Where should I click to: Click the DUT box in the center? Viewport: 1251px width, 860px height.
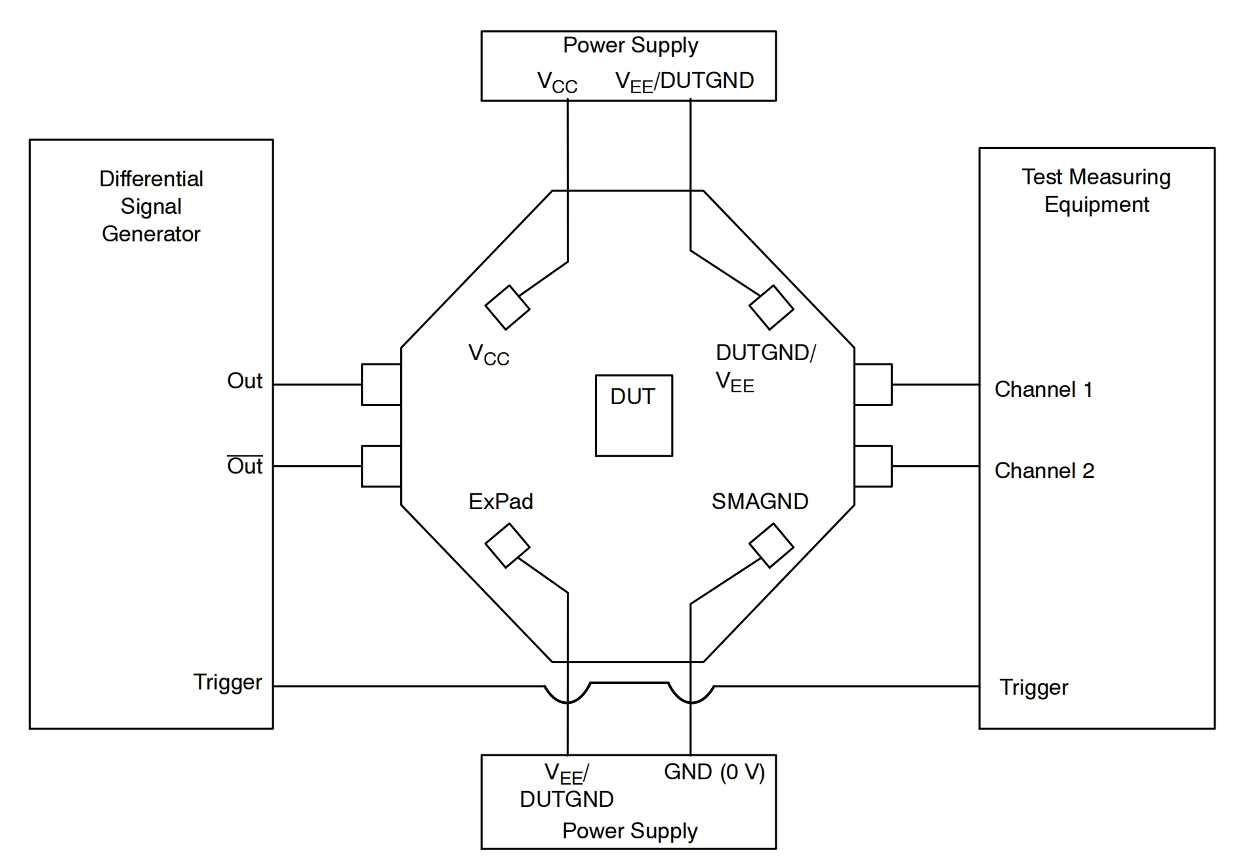[x=633, y=415]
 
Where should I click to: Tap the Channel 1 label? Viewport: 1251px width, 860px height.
[x=1043, y=390]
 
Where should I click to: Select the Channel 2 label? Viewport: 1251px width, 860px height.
[x=1044, y=471]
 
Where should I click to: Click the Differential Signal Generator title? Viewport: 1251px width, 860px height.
[x=151, y=206]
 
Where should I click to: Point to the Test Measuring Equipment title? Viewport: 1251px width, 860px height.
[x=1096, y=190]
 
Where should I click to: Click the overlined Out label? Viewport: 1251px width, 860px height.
[x=245, y=466]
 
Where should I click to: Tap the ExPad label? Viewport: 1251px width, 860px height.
[x=501, y=502]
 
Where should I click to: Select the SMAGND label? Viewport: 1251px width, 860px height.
[x=760, y=502]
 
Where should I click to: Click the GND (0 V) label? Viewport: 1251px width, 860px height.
[x=714, y=772]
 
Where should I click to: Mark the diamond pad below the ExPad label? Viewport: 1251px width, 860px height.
[x=507, y=545]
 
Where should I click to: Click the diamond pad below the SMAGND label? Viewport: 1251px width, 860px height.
[x=771, y=545]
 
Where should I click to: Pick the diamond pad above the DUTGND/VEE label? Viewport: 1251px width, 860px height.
[x=771, y=307]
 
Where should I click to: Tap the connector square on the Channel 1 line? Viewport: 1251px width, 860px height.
[x=873, y=384]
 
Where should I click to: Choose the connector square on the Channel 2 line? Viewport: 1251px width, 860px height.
[x=873, y=466]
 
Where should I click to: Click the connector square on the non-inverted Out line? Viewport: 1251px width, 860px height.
[x=381, y=384]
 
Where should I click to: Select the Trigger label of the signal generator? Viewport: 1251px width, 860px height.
[x=227, y=682]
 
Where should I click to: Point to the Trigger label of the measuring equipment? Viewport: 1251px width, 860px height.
[x=1033, y=687]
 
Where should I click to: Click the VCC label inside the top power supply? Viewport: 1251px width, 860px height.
[x=557, y=83]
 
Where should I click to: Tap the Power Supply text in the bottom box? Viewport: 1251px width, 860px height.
[x=630, y=831]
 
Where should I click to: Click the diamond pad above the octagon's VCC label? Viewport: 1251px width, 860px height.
[x=507, y=307]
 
